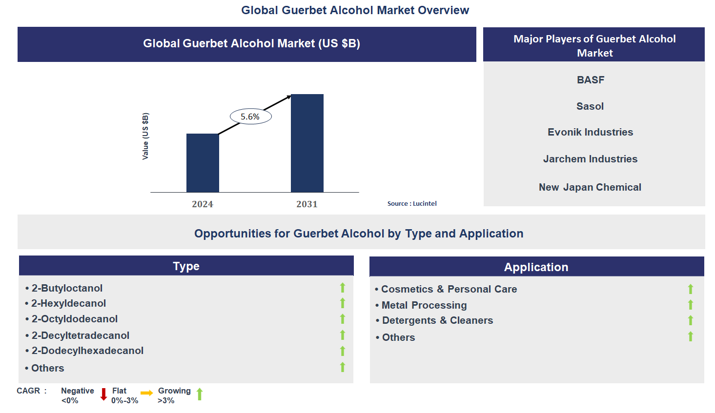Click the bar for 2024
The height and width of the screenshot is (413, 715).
(203, 163)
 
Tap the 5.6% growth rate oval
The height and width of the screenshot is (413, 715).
(250, 117)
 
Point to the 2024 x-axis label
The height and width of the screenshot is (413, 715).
(203, 204)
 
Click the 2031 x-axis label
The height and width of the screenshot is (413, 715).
(307, 204)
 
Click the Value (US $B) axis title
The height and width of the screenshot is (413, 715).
(145, 136)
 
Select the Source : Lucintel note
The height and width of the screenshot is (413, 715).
(412, 204)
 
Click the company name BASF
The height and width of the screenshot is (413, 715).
(591, 80)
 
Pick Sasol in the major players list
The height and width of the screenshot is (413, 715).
(590, 106)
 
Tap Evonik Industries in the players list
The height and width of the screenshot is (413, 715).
(590, 132)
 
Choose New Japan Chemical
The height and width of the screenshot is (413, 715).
(590, 187)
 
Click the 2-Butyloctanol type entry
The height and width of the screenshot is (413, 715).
(67, 288)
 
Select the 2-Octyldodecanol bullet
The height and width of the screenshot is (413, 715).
(74, 319)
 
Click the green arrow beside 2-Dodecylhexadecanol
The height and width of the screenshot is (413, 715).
(343, 351)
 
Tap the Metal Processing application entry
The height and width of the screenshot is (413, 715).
(424, 305)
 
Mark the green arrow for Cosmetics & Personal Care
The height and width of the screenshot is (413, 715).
(691, 289)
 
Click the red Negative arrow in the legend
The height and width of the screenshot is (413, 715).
(103, 394)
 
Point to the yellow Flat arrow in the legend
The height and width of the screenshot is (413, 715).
(146, 393)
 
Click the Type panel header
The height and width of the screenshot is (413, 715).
(186, 266)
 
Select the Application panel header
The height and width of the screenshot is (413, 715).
(536, 267)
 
